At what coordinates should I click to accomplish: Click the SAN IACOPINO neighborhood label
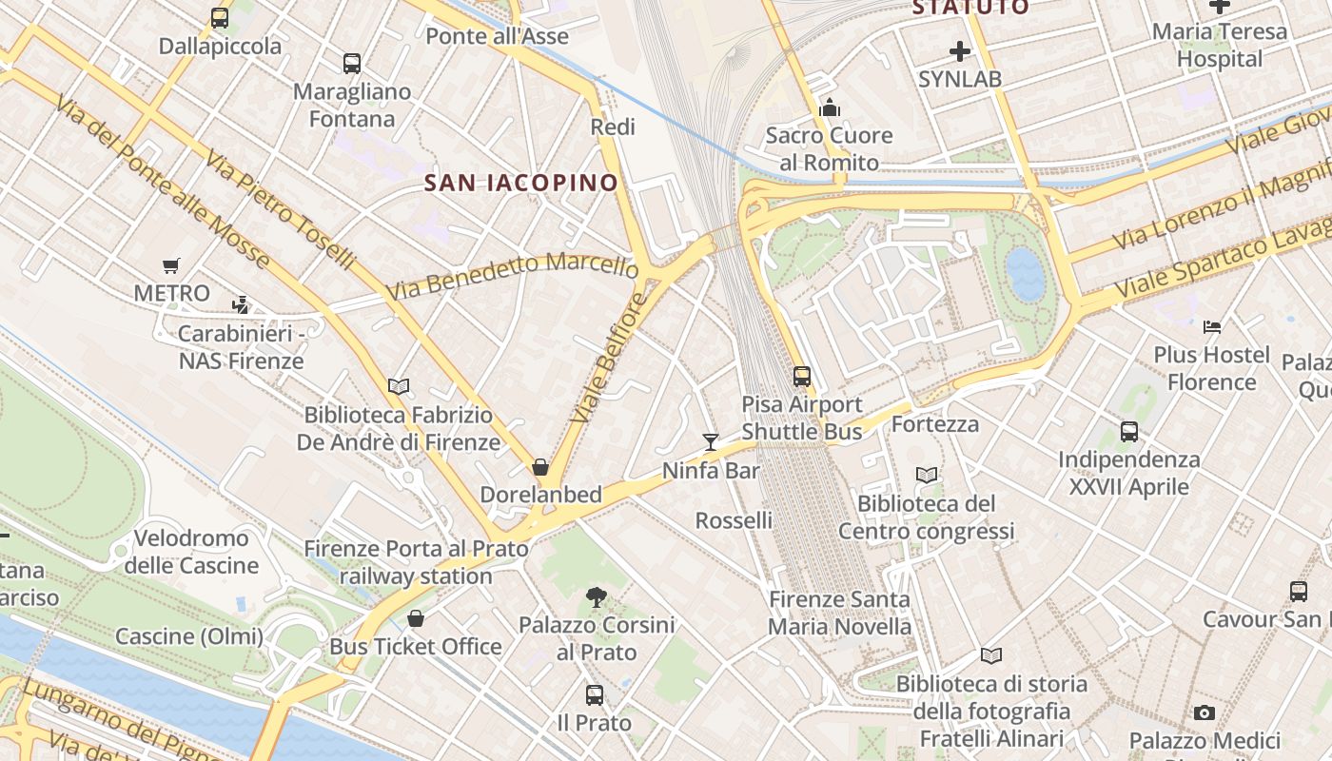click(x=520, y=183)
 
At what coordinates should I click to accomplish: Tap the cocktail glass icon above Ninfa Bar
click(x=711, y=441)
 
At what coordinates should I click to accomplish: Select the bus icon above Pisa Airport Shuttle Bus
click(x=802, y=376)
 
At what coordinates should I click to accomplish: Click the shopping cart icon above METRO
click(x=171, y=265)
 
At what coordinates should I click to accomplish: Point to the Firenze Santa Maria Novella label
click(x=839, y=613)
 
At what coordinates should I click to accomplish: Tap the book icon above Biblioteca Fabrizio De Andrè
click(x=399, y=386)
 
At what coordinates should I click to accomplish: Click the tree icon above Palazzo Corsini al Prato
click(x=597, y=597)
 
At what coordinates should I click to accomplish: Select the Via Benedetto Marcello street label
click(x=512, y=276)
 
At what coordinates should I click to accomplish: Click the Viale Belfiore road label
click(x=609, y=360)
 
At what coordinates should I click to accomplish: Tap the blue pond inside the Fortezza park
click(x=1026, y=273)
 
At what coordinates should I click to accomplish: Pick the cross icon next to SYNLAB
click(x=960, y=50)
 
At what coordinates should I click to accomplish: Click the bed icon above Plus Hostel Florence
click(x=1211, y=327)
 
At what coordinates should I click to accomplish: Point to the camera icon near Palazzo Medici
click(x=1204, y=712)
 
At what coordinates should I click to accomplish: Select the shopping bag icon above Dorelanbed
click(x=540, y=467)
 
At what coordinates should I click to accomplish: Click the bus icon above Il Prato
click(x=595, y=695)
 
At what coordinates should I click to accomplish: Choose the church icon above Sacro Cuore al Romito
click(x=830, y=107)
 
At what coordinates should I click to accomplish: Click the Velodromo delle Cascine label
click(x=191, y=552)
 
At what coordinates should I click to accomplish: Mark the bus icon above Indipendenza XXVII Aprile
click(x=1129, y=432)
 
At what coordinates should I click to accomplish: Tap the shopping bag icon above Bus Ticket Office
click(x=416, y=619)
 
